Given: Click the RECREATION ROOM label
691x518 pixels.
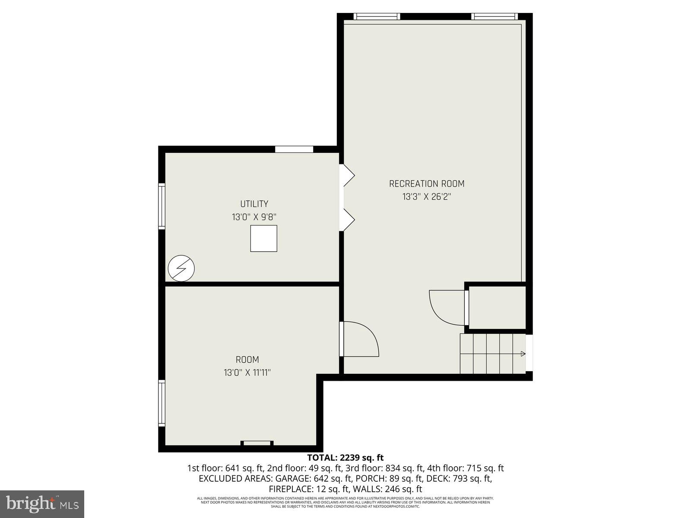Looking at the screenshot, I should [x=426, y=184].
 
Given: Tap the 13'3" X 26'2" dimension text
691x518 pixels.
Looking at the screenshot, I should [x=426, y=197].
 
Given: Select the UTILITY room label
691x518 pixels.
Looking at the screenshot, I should [x=254, y=204].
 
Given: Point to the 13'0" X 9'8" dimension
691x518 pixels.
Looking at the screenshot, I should [x=254, y=217].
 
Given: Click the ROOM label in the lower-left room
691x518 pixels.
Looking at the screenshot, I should [x=247, y=360].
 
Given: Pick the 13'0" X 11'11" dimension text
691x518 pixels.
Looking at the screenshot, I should [x=247, y=373].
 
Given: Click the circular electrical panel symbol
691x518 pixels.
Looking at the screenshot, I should [x=181, y=268].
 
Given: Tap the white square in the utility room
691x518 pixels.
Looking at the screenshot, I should [x=263, y=238].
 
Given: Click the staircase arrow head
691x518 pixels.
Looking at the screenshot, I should [x=523, y=354].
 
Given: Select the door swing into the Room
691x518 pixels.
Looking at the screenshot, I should [x=361, y=339].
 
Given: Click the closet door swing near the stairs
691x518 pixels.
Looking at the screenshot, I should [x=447, y=307].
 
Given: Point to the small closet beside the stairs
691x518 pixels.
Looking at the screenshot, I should [x=497, y=307].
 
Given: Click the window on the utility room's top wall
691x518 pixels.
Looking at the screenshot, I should [x=294, y=149].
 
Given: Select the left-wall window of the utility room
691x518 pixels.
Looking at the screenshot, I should [x=162, y=205].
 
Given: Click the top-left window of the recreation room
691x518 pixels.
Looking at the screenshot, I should [x=377, y=16].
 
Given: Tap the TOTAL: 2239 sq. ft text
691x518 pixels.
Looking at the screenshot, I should [x=345, y=458].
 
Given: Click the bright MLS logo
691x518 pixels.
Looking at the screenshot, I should [x=42, y=503].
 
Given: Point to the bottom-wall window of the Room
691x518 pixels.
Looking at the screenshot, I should [x=257, y=443].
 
